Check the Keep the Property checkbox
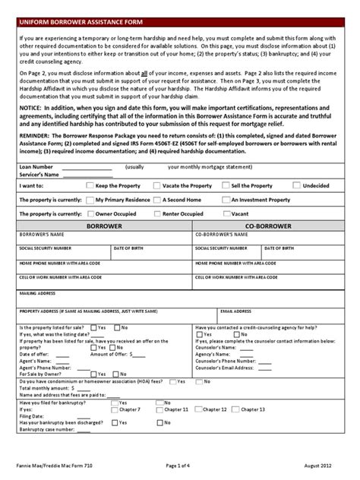tap(90, 185)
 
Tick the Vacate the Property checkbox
tap(156, 185)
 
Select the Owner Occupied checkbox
tap(90, 213)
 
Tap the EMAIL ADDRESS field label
tap(234, 311)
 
